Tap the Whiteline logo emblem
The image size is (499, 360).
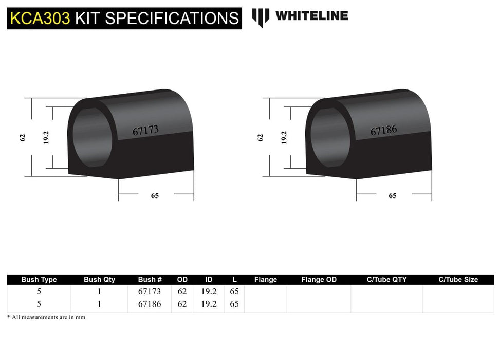coord(261,17)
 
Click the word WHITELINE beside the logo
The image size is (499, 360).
coord(311,16)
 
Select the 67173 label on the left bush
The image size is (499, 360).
coord(145,131)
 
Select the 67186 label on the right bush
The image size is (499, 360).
coord(383,131)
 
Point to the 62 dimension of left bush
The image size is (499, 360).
coord(23,138)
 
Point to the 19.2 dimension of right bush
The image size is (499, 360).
coord(284,137)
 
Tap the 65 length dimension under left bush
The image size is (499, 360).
coord(155,195)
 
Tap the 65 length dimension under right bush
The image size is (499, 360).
coord(393,195)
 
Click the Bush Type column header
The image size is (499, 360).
coord(39,280)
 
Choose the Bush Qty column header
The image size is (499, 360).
coord(99,280)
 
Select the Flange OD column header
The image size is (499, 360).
coord(319,280)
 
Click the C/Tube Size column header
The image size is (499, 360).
coord(458,280)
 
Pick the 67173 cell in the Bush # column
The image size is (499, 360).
coord(150,292)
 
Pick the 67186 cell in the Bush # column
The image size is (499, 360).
coord(150,304)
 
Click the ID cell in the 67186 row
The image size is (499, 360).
coord(209,304)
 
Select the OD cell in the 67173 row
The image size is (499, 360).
coord(182,292)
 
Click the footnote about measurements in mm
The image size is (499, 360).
coord(46,317)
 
